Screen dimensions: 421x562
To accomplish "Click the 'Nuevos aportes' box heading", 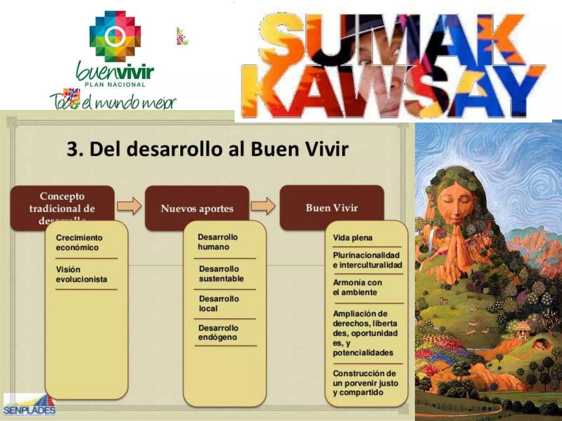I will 197,209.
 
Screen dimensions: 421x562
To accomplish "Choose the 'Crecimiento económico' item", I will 79,243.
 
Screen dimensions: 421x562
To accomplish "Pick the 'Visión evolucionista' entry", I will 81,274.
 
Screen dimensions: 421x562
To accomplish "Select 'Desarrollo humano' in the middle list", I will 218,242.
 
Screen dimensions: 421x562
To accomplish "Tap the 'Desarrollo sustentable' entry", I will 221,274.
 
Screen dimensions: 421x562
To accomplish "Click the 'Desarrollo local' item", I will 219,303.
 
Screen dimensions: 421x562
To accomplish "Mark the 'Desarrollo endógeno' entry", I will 218,332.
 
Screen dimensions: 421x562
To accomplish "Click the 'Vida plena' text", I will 353,238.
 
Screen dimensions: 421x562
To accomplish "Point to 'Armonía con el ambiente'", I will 357,287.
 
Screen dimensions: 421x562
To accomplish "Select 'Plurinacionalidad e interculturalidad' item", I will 367,260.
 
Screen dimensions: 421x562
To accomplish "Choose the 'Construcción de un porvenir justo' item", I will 365,383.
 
